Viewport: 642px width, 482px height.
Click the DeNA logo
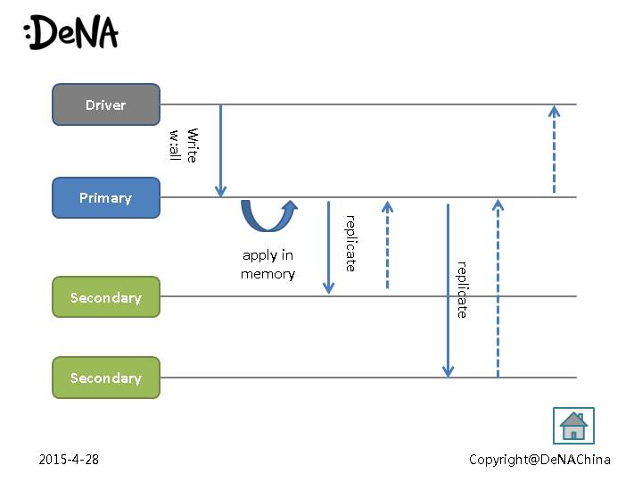click(x=71, y=33)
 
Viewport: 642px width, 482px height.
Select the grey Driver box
click(x=106, y=104)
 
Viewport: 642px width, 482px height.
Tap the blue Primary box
click(x=106, y=197)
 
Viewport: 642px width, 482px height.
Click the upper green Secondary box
click(x=106, y=297)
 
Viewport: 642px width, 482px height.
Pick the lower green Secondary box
click(x=106, y=378)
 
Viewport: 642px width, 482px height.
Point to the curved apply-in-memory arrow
click(x=268, y=216)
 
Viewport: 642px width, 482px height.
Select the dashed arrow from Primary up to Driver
click(x=554, y=149)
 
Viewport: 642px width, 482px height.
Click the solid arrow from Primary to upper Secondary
click(x=328, y=247)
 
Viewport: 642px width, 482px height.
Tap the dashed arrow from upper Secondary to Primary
click(x=387, y=245)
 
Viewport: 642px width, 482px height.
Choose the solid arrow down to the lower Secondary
click(x=448, y=290)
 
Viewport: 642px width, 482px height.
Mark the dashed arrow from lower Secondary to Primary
click(x=498, y=287)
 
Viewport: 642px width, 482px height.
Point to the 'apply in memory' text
click(x=267, y=265)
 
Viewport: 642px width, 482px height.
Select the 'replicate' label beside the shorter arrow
click(x=350, y=243)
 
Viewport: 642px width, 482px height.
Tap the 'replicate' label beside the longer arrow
click(x=462, y=289)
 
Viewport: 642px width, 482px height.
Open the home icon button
click(x=573, y=426)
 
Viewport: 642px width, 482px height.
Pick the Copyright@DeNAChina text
click(x=539, y=460)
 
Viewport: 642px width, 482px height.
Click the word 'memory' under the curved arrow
click(x=267, y=274)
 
